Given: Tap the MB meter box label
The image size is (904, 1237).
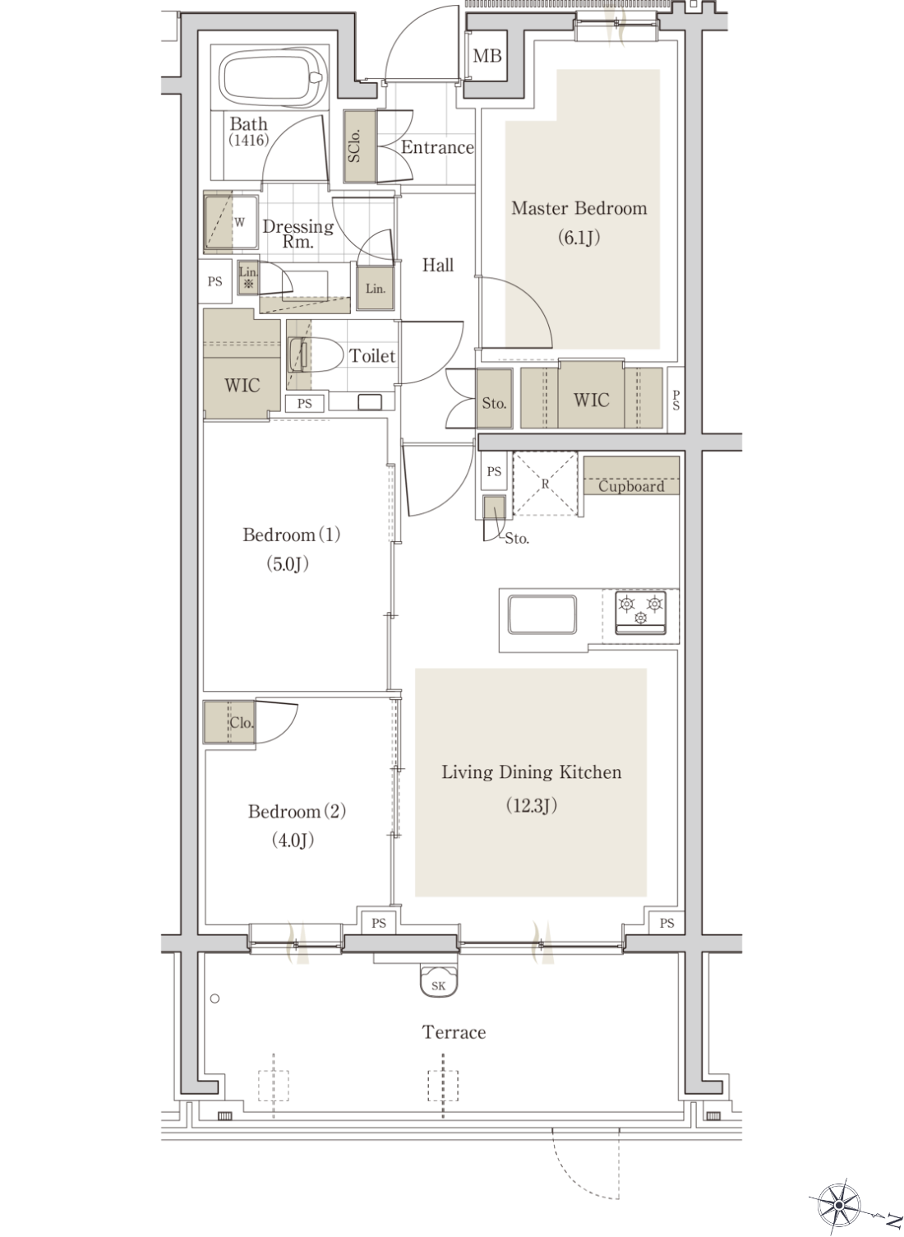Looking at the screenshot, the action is (487, 56).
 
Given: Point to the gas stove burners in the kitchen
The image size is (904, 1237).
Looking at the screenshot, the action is (640, 611).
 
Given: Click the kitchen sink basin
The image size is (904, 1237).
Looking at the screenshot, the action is (542, 614).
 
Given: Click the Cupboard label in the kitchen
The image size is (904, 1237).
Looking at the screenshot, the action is (631, 487).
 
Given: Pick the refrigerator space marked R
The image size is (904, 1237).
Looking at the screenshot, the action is (545, 484).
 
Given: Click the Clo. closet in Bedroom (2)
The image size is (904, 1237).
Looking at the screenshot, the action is (229, 722).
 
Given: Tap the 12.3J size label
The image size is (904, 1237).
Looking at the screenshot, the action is (532, 806).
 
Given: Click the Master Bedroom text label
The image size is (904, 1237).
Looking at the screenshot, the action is (579, 208).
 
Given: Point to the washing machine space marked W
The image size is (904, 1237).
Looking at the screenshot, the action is (232, 222).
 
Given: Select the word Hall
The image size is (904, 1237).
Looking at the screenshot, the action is (438, 265).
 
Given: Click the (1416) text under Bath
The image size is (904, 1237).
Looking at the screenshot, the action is (249, 141).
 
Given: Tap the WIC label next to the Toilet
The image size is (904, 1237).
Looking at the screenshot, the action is (242, 385).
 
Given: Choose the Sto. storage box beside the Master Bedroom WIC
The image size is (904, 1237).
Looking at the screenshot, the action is (494, 397).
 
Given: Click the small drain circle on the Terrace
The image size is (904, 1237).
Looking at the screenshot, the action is (215, 998).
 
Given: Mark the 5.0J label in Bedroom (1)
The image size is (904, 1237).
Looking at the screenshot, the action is (288, 564).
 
